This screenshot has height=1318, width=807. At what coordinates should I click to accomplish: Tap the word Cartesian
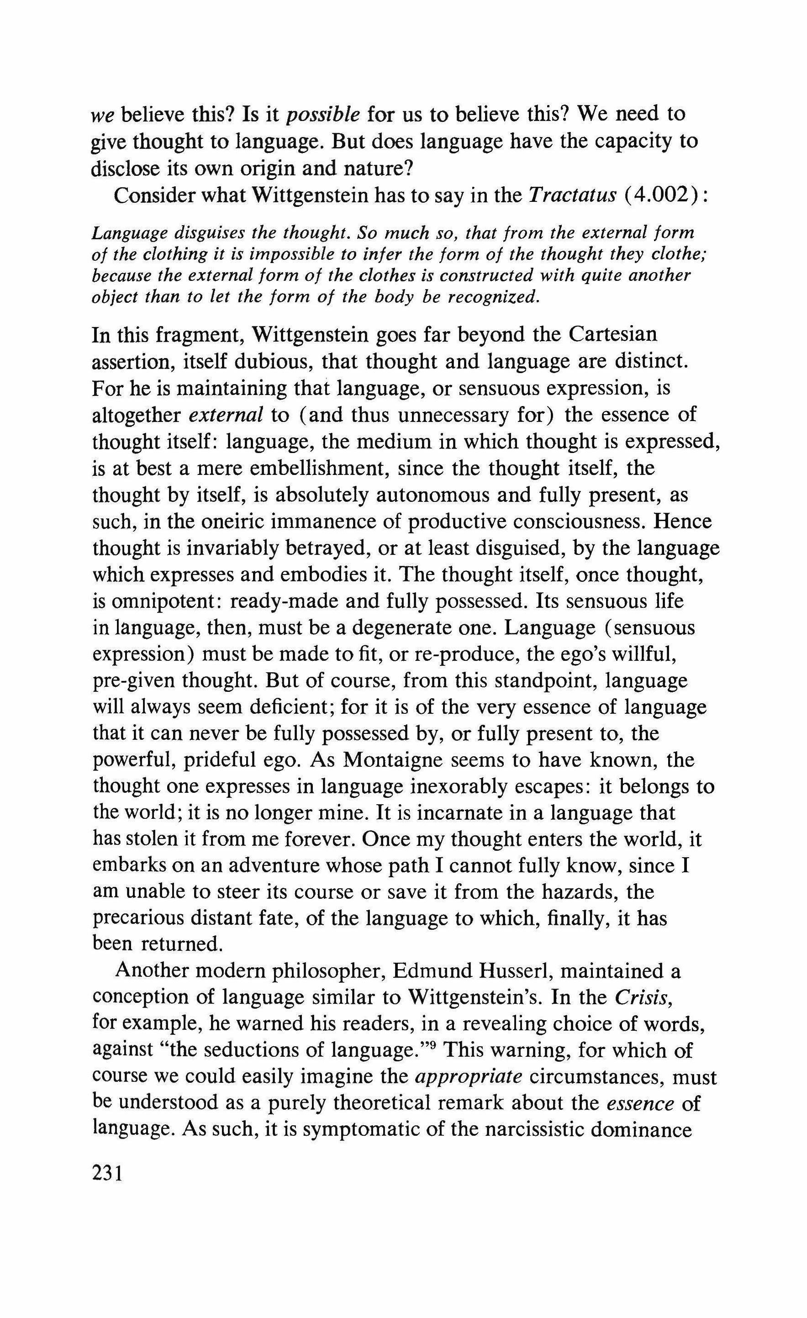tap(612, 335)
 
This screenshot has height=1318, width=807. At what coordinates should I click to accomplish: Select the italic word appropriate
tap(469, 1076)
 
